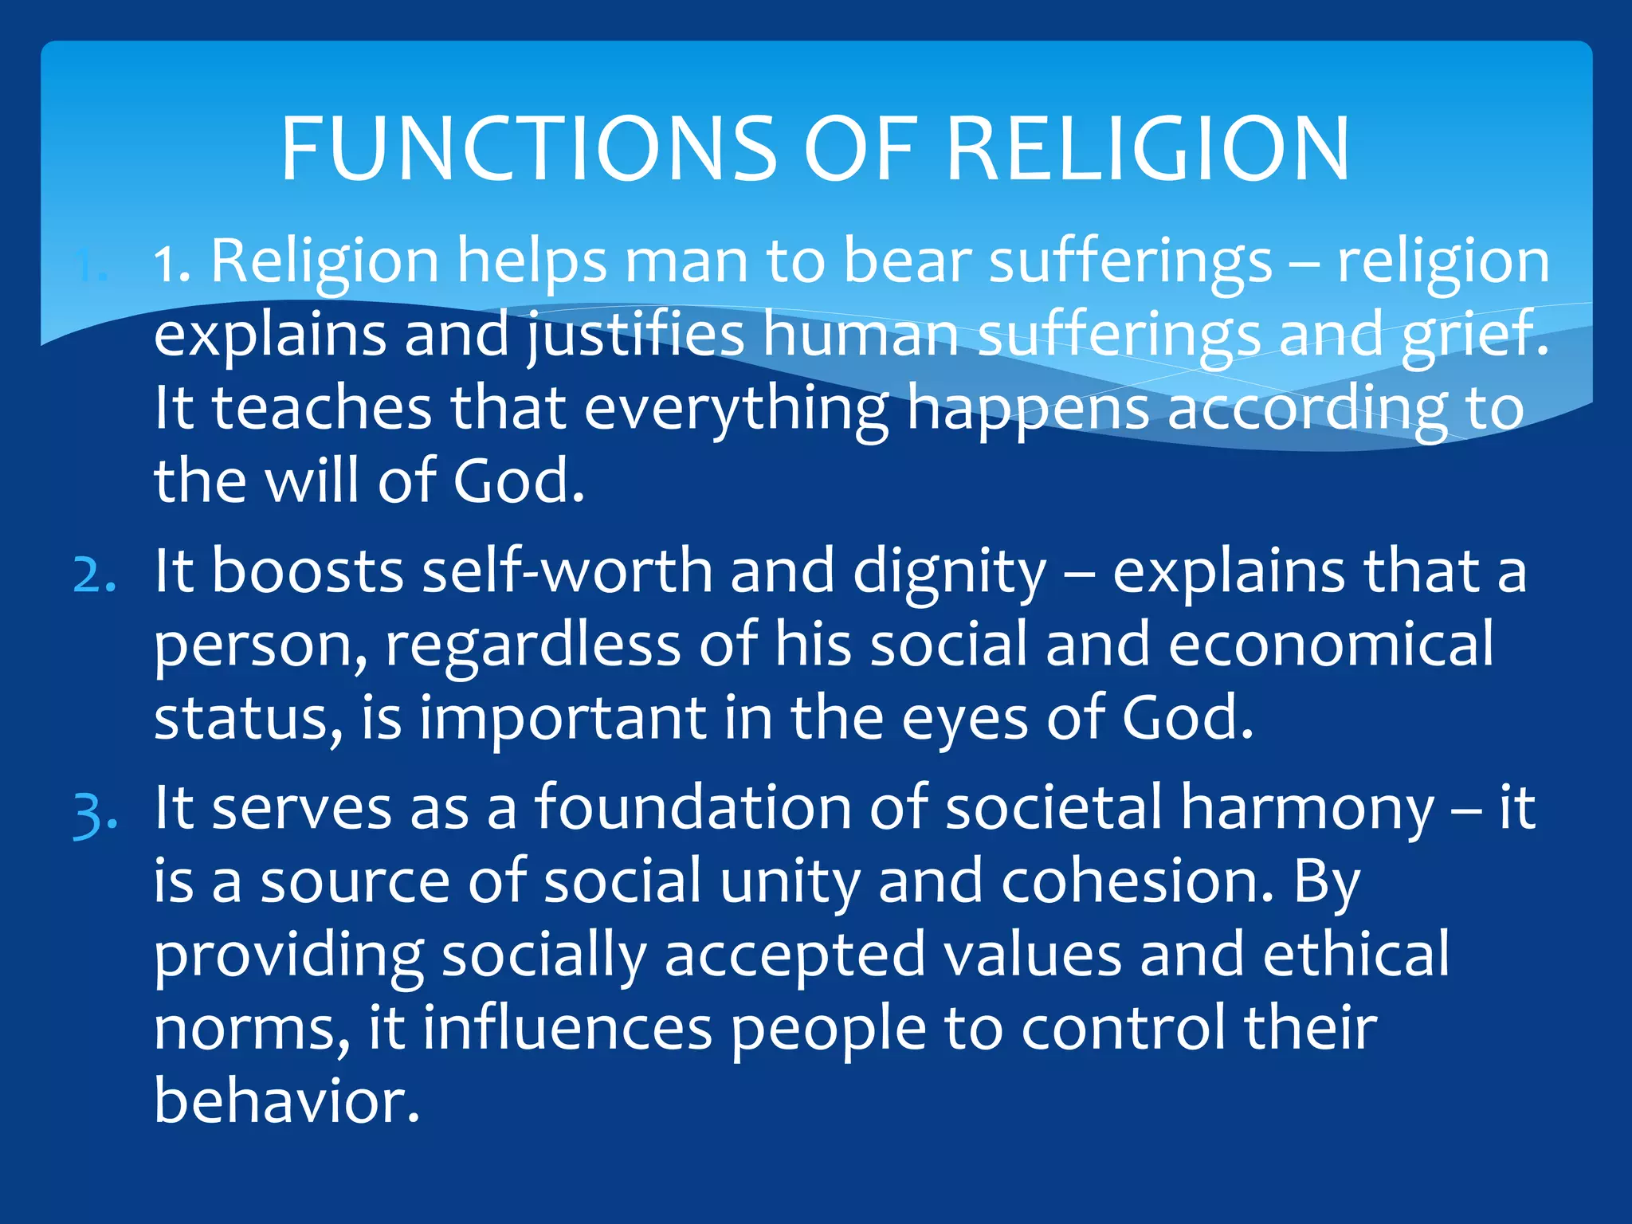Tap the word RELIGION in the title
[1147, 149]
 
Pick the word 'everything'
[736, 408]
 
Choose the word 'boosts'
[308, 571]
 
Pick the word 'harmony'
[1307, 810]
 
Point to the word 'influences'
[567, 1028]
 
